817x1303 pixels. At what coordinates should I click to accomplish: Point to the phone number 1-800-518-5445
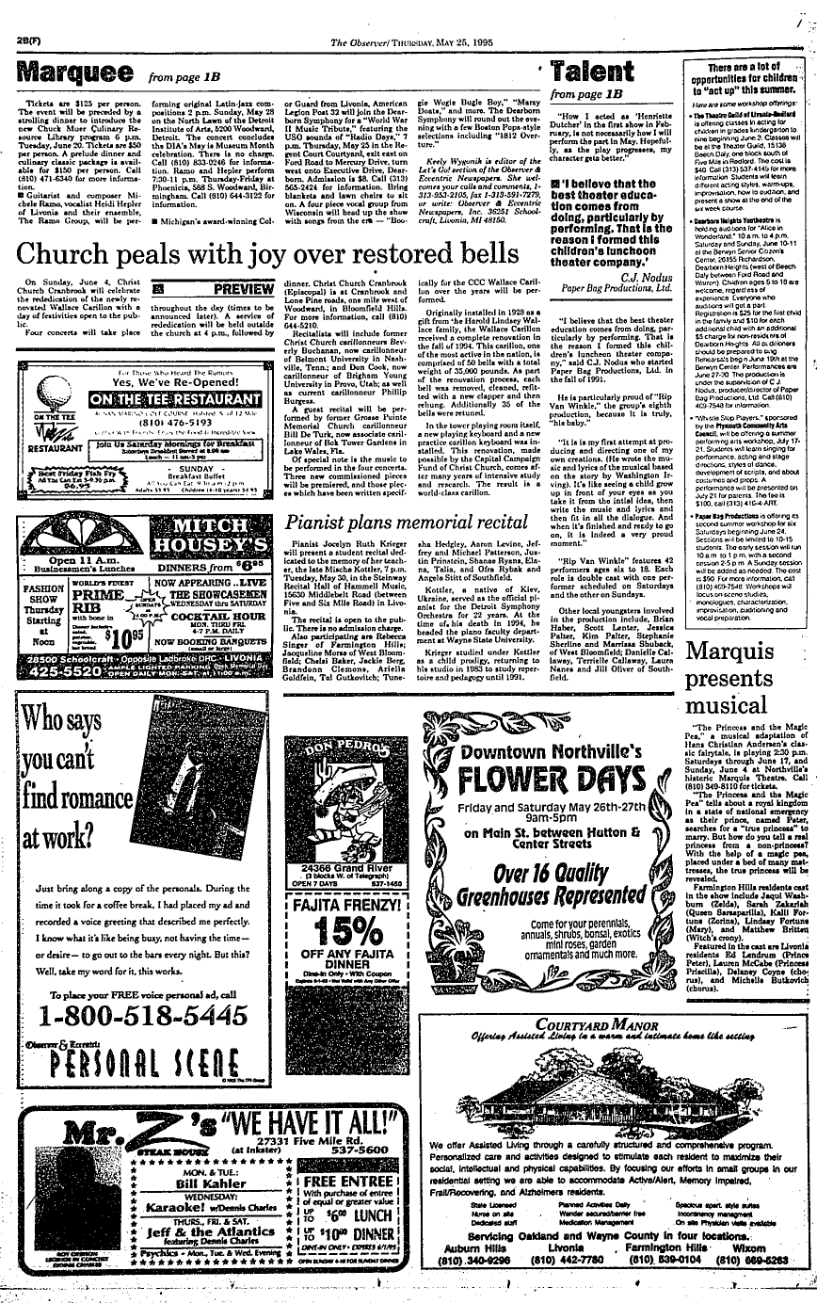pyautogui.click(x=139, y=1015)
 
